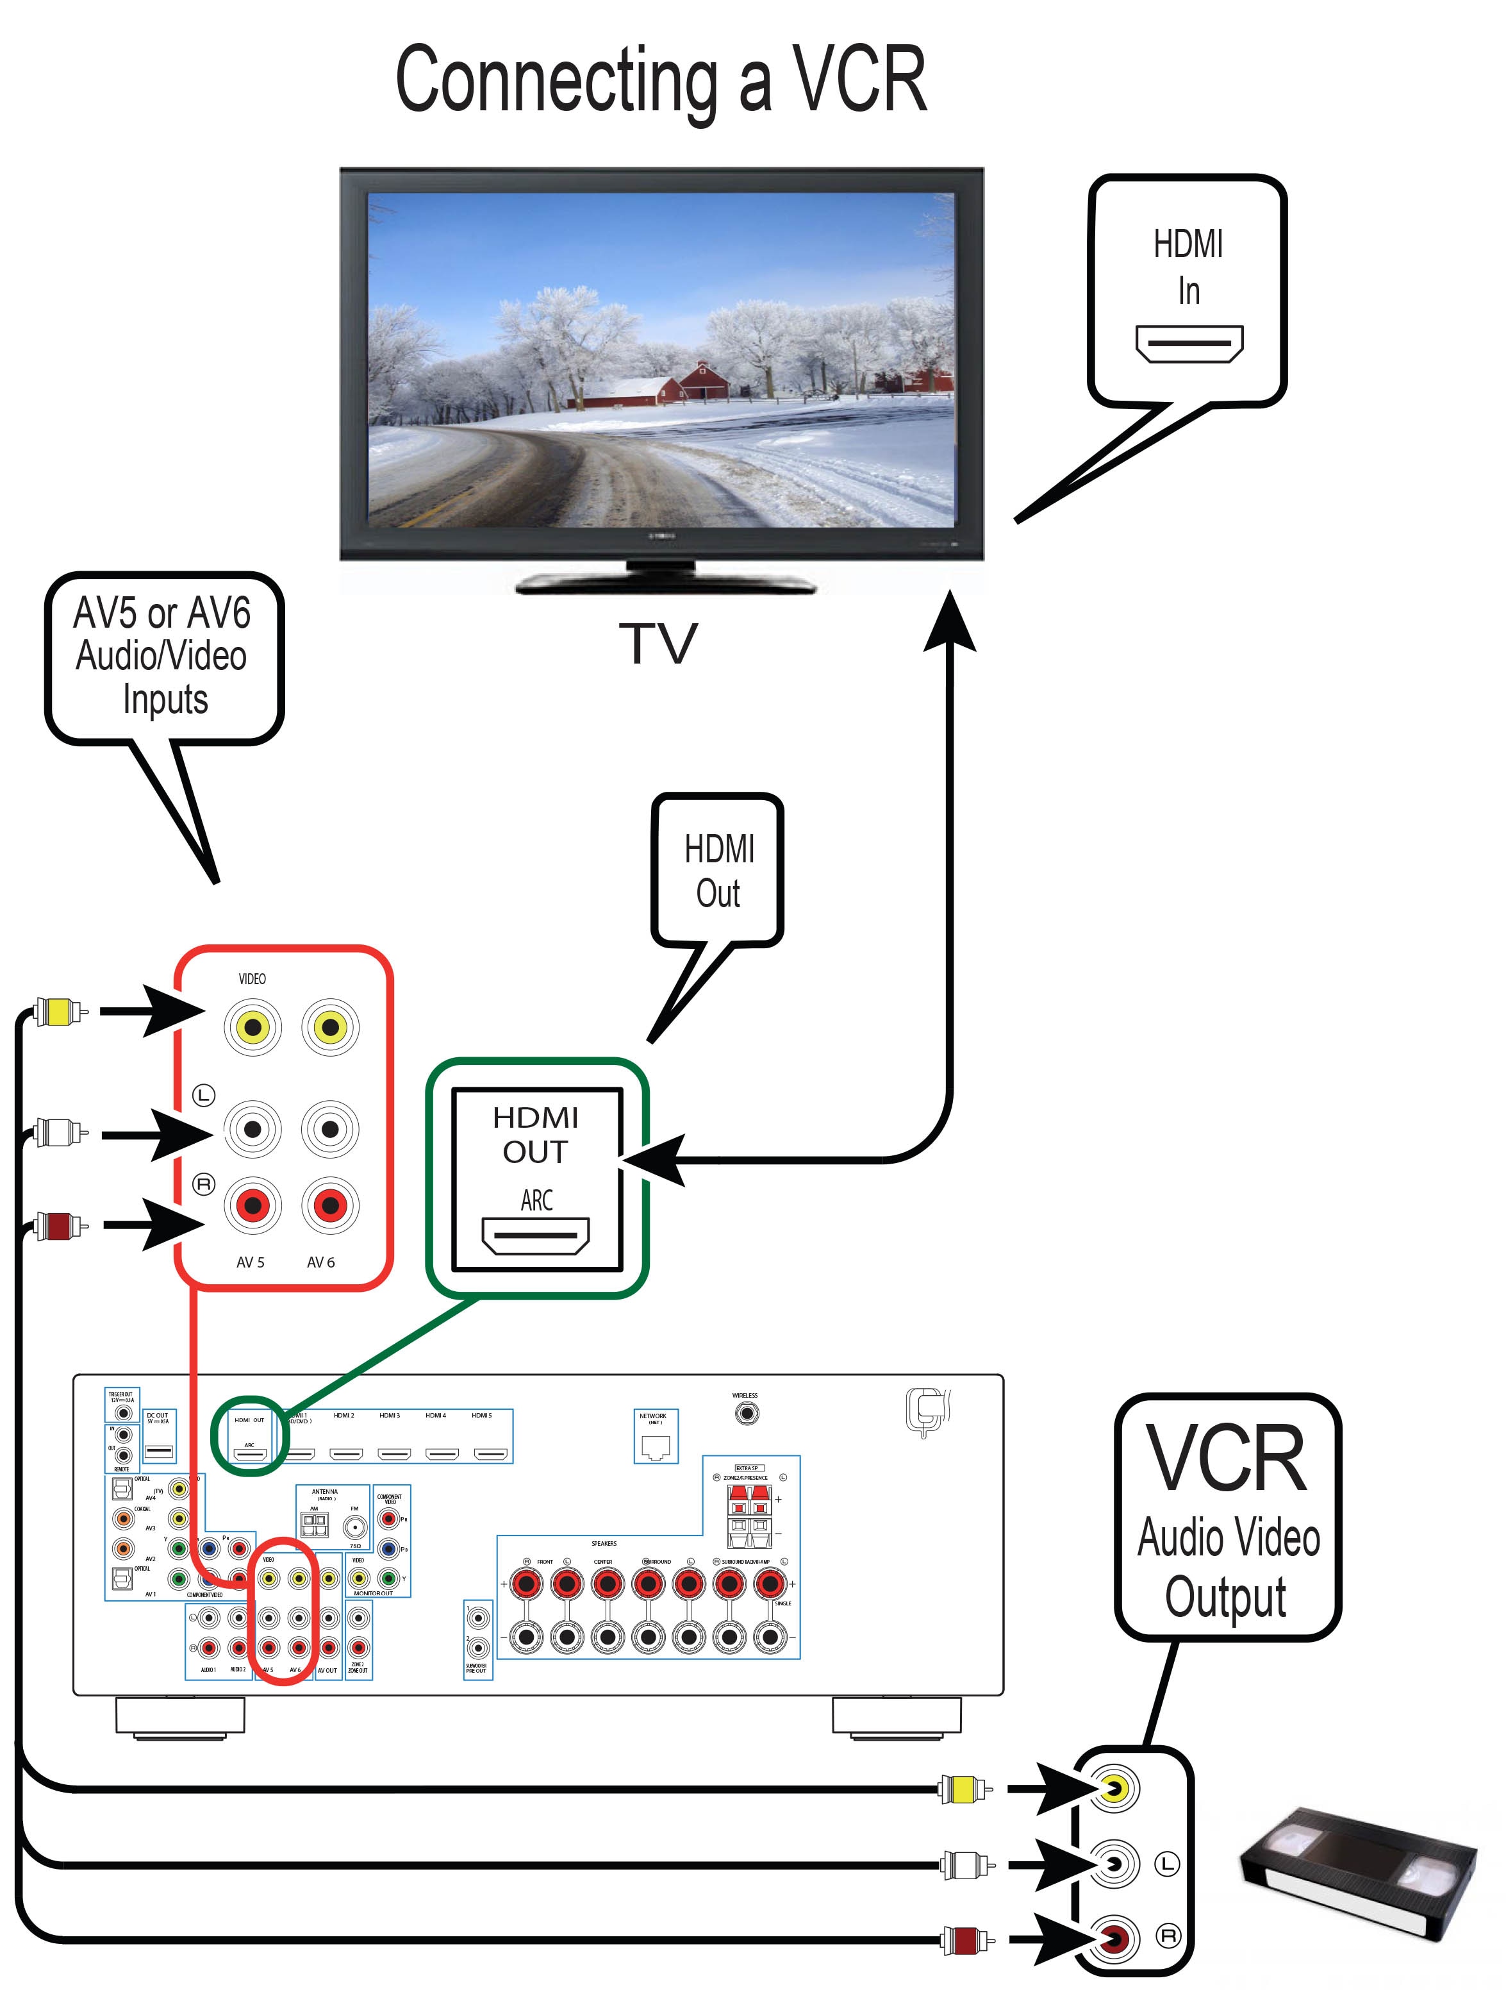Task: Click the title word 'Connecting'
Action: tap(556, 81)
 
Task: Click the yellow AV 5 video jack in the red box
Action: tap(253, 1026)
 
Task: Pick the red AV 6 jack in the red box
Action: tap(331, 1205)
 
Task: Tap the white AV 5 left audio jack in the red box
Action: tap(253, 1128)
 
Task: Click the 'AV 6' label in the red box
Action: tap(320, 1262)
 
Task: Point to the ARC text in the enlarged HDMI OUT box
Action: tap(536, 1200)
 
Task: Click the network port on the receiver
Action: tap(656, 1446)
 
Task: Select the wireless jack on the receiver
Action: tap(746, 1414)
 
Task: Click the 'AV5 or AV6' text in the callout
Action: tap(162, 614)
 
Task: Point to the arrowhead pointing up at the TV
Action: tap(950, 621)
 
